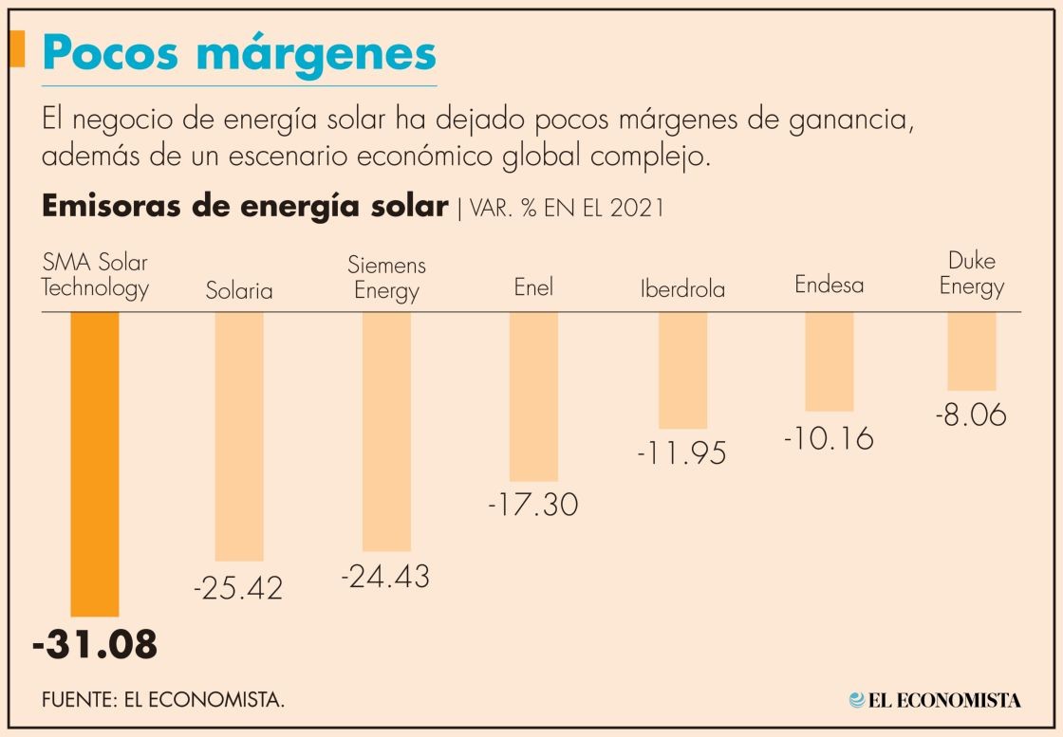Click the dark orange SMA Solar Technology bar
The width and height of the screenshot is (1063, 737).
tap(95, 464)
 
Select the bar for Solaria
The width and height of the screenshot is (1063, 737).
tap(239, 436)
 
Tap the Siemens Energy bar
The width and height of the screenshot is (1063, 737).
tap(386, 432)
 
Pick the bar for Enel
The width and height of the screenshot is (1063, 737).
tap(533, 396)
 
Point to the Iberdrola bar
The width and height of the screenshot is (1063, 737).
tap(682, 370)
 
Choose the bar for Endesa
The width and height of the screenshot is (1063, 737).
tap(830, 361)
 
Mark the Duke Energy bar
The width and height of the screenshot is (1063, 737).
tap(972, 351)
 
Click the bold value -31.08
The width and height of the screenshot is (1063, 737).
tap(95, 645)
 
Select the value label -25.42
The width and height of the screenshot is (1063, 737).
tap(238, 588)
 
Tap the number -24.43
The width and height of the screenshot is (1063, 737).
tap(385, 576)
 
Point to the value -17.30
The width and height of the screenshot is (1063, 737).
tap(533, 505)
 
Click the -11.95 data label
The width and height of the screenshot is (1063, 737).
tap(681, 452)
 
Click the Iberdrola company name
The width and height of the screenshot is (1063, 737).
tap(682, 289)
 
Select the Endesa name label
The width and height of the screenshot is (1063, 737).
tap(830, 285)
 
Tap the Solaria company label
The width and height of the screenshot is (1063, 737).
tap(239, 290)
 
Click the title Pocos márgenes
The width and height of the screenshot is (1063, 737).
tap(239, 55)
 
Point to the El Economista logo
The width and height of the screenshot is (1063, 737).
tap(935, 700)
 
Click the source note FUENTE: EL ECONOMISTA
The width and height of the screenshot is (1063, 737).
tap(163, 700)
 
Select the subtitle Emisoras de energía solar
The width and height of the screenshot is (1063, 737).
tap(244, 207)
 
